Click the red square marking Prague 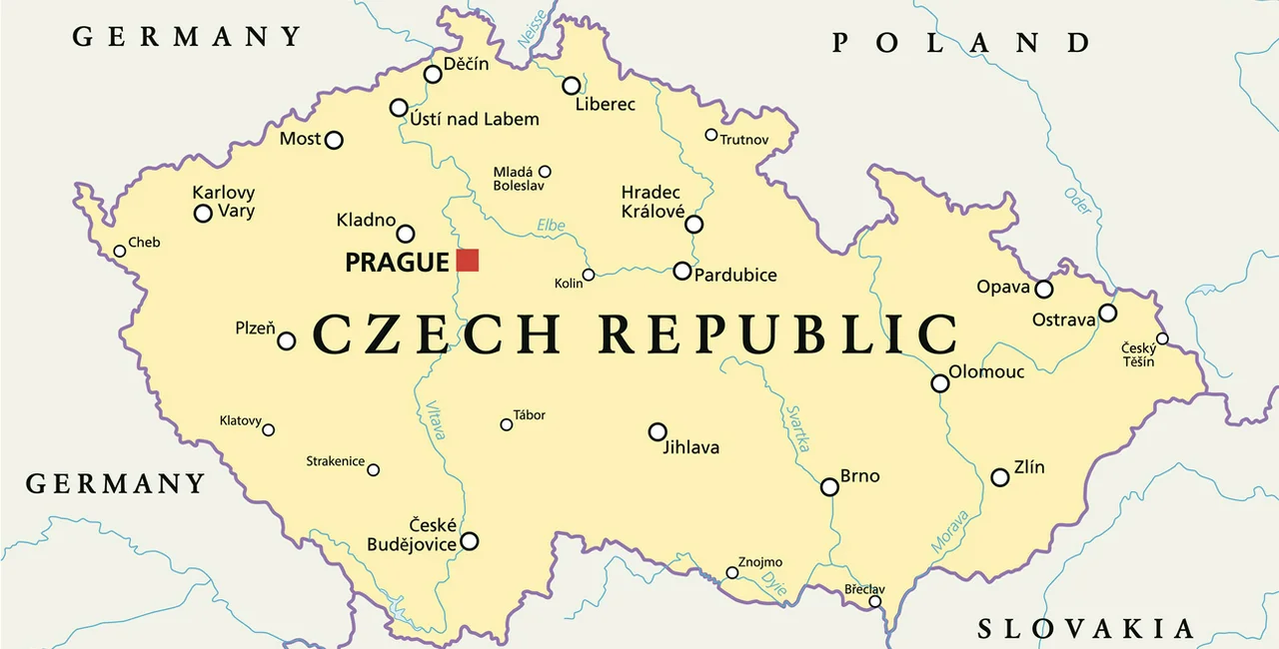point(468,261)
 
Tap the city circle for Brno point(829,487)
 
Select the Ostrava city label point(1064,320)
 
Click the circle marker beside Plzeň point(286,340)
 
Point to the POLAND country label point(961,42)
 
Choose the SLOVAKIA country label point(1085,628)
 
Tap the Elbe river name point(551,226)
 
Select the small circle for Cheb point(120,251)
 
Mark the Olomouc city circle point(940,383)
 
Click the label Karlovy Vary point(224,202)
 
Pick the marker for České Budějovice point(469,541)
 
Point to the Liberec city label point(606,104)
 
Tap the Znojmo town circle point(732,572)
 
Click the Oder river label point(1077,201)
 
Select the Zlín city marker point(1000,477)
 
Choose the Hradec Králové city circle point(693,225)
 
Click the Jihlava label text point(691,448)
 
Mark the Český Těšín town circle point(1162,338)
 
